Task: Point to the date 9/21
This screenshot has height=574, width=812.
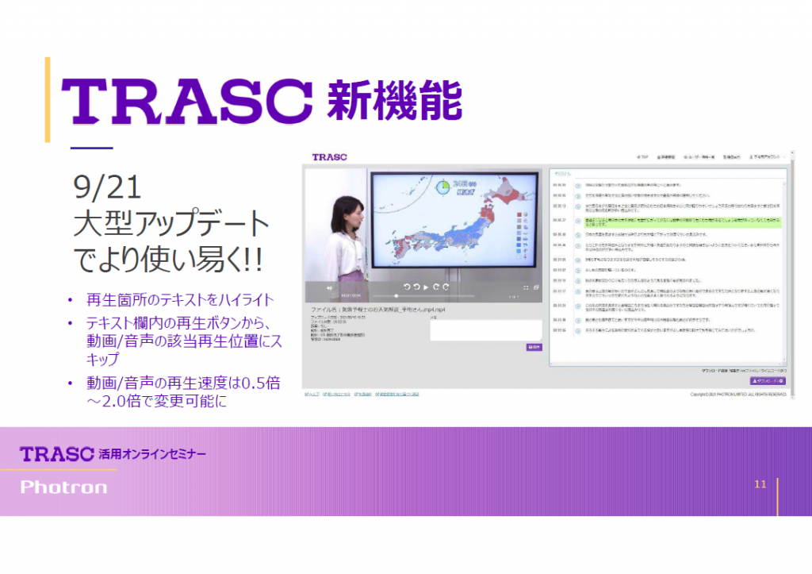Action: point(106,188)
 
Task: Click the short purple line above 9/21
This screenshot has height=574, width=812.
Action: point(91,148)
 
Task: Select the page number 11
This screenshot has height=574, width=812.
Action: point(760,484)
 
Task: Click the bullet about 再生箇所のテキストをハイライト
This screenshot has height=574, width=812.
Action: point(181,300)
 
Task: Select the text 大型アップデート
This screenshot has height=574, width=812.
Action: point(171,225)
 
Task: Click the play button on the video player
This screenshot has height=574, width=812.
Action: point(426,287)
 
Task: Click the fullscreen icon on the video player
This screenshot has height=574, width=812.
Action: point(526,287)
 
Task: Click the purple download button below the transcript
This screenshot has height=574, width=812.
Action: point(767,381)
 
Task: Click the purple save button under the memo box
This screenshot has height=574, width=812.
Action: point(534,347)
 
